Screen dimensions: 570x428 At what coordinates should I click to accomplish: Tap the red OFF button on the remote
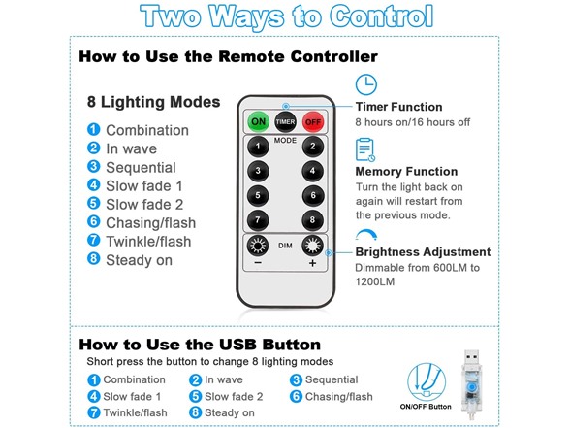tap(312, 122)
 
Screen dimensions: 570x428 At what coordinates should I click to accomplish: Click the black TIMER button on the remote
tap(285, 122)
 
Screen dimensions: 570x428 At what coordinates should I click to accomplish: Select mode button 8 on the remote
tap(312, 220)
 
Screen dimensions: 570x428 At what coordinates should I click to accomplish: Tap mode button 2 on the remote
tap(312, 147)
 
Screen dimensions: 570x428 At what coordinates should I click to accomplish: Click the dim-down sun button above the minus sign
tap(258, 246)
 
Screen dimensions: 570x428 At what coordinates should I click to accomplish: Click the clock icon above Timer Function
tap(366, 84)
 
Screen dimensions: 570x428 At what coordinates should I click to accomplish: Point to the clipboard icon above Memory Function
tap(364, 149)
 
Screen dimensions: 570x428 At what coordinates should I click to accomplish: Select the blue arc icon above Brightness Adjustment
tap(366, 234)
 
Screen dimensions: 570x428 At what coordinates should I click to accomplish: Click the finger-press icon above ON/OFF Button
tap(427, 382)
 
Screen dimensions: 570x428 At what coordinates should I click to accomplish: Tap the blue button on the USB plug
tap(471, 386)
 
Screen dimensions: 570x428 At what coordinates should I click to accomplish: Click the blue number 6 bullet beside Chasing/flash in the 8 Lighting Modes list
tap(93, 221)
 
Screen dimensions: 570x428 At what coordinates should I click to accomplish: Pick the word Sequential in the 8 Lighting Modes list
tap(142, 167)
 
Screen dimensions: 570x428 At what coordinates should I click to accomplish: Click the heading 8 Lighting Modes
tap(153, 102)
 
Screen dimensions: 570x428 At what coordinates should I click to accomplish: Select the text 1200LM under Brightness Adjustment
tap(375, 281)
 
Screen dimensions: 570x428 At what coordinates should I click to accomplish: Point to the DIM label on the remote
tap(285, 246)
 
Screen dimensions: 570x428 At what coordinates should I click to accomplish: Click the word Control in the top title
tap(382, 16)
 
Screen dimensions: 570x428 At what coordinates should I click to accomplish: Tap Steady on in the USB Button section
tap(230, 412)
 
